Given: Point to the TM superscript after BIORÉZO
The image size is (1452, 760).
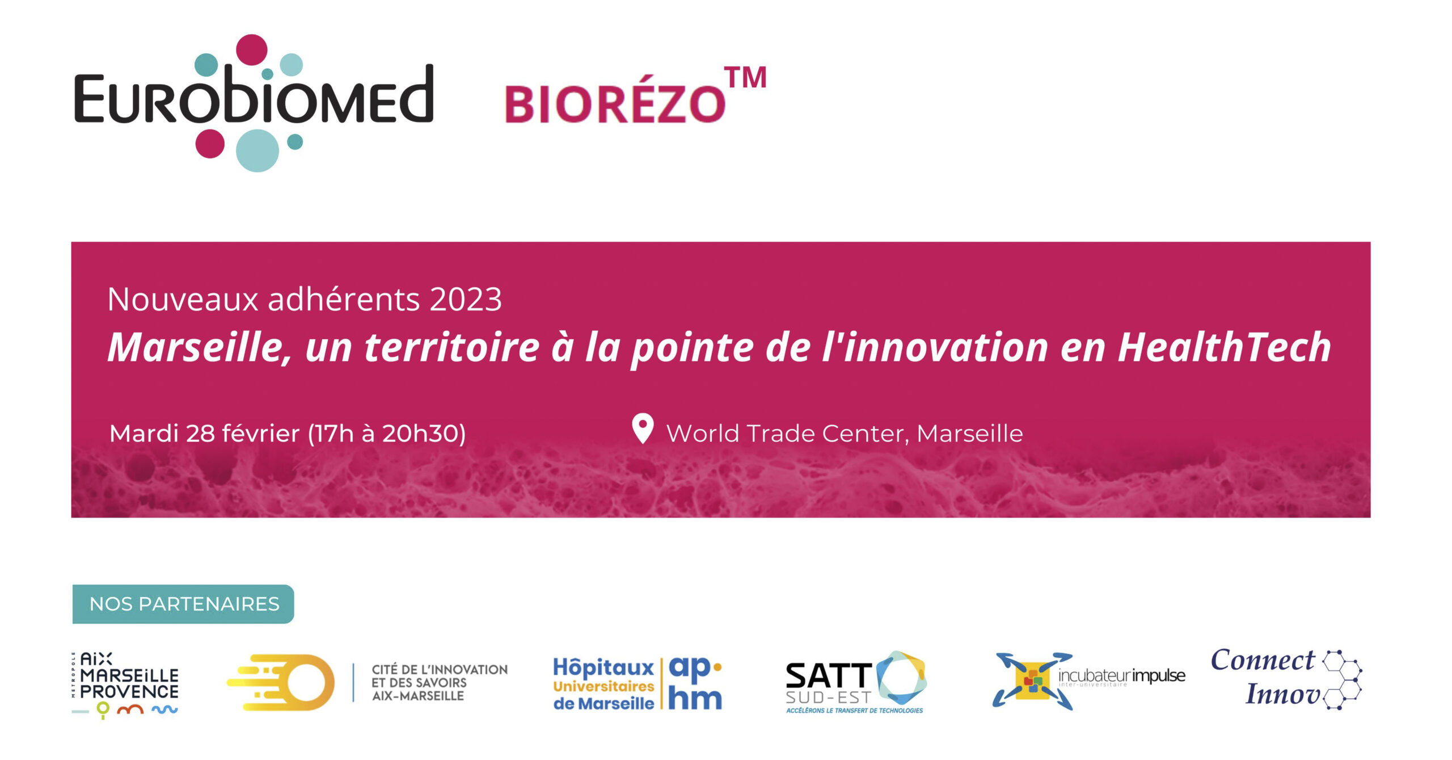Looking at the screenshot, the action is click(x=745, y=78).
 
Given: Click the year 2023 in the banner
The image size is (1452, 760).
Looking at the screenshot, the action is click(x=466, y=299).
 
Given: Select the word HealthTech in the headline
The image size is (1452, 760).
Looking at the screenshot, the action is click(x=1224, y=347).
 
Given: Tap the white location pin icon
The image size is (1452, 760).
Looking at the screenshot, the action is click(x=643, y=429).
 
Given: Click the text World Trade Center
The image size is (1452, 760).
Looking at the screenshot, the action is click(x=788, y=434).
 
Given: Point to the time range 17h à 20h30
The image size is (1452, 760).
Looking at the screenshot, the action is click(x=387, y=434).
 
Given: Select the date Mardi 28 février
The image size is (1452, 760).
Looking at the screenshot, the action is click(x=205, y=434).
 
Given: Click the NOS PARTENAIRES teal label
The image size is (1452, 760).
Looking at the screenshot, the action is click(x=183, y=604).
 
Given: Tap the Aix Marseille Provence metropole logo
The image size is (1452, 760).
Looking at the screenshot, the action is click(x=125, y=685).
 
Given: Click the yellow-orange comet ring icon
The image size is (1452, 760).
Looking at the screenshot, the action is click(x=281, y=682).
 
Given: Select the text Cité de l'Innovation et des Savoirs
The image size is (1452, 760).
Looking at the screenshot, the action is click(x=440, y=676).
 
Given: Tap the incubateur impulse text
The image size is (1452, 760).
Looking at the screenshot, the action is click(x=1121, y=675).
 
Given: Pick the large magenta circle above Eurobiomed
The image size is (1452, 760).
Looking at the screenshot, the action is click(x=251, y=49).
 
